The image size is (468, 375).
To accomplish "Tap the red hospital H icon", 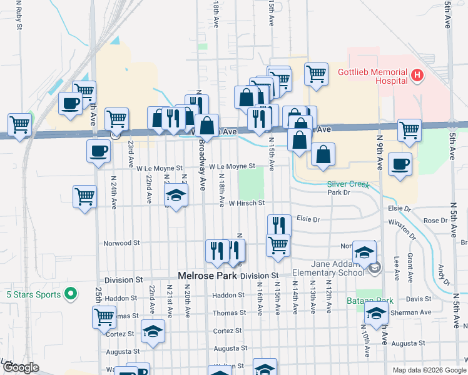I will (418, 76).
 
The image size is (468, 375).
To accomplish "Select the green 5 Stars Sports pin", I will (71, 292).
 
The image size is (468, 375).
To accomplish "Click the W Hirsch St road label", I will (247, 203).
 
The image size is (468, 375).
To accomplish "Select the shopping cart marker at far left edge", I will (19, 124).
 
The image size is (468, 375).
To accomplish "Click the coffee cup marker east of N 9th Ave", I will (400, 164).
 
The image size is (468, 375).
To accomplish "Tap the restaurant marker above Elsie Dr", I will (279, 225).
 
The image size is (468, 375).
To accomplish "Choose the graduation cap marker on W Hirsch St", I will (176, 196).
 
